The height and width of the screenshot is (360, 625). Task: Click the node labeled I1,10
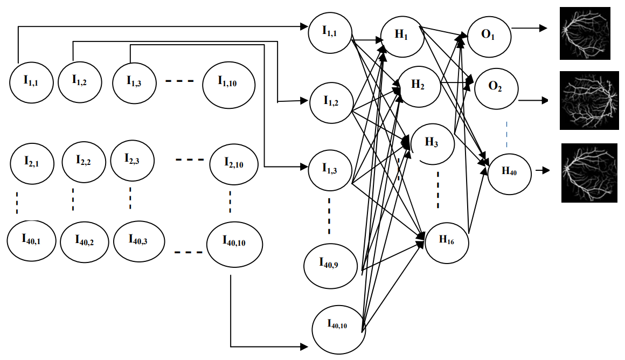227,82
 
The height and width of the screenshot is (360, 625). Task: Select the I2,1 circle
31,161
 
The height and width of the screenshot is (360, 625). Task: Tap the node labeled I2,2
84,161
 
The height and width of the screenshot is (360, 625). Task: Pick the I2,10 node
233,163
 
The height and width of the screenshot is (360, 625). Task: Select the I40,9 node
329,264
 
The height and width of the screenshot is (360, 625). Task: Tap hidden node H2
418,85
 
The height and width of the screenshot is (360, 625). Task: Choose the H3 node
432,143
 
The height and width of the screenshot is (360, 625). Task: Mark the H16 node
447,240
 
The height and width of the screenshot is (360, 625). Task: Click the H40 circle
509,171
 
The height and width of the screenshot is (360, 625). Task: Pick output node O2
495,88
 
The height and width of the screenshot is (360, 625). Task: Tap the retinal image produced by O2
588,100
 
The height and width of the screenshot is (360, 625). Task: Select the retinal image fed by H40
589,172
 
